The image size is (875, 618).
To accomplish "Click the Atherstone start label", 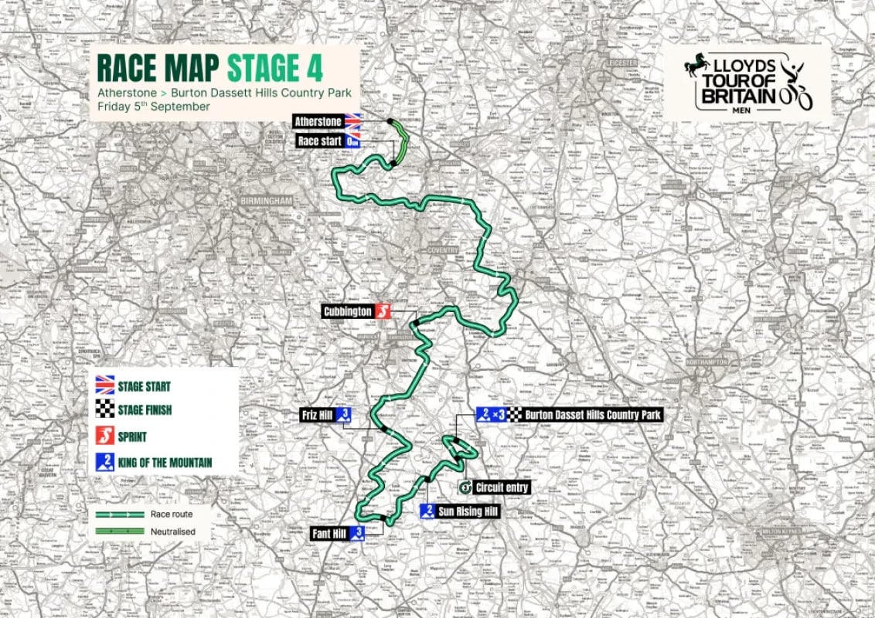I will [x=318, y=121].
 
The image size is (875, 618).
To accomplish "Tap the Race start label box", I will [x=320, y=141].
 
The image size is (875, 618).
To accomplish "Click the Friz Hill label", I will [x=316, y=416].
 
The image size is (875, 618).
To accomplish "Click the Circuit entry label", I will [x=502, y=487].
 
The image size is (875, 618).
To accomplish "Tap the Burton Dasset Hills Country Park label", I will [x=593, y=415].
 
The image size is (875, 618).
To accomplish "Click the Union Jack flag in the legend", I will [x=104, y=385].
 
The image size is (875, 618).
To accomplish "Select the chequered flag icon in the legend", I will [x=104, y=410].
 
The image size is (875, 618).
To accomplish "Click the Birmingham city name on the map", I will [x=265, y=200].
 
